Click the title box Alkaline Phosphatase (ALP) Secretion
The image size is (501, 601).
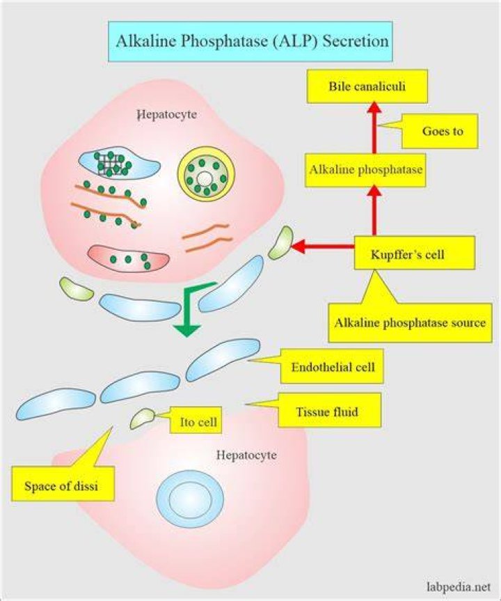click(250, 41)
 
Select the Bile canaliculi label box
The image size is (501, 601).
click(367, 86)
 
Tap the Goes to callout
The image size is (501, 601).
click(440, 131)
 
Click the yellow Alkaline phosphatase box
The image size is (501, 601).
click(365, 170)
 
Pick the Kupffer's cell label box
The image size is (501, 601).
click(415, 253)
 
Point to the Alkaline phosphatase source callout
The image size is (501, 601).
click(410, 322)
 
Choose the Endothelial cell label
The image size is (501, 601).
click(332, 366)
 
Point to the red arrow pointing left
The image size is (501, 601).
click(323, 246)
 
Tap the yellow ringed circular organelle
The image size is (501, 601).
click(206, 173)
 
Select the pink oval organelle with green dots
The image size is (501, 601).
click(128, 259)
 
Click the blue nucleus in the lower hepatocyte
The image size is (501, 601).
click(190, 499)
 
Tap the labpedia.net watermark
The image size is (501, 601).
click(458, 587)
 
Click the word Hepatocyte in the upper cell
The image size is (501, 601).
click(167, 114)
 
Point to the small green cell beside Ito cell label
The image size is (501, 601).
click(143, 419)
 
